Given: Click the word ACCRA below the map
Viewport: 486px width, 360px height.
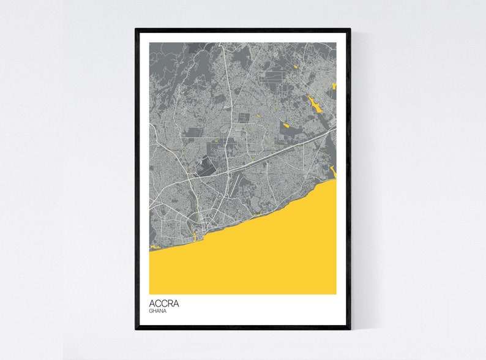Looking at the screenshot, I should click(164, 303).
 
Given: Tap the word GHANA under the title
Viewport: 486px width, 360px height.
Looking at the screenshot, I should click(158, 311).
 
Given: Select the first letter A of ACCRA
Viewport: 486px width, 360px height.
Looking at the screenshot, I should click(152, 303).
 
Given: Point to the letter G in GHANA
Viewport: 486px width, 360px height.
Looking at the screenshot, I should click(151, 311).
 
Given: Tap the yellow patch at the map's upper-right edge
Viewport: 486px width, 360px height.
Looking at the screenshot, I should click(334, 86).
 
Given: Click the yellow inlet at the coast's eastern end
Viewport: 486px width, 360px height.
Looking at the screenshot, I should click(333, 171).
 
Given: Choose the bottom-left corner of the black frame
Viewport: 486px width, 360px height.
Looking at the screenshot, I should click(136, 328).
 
